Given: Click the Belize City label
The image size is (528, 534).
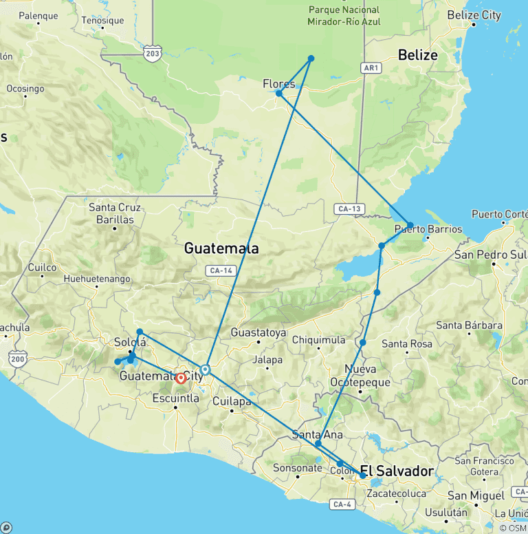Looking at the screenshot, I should [x=474, y=15].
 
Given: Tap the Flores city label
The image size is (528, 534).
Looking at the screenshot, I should [x=279, y=84].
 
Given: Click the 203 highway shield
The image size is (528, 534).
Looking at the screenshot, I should [x=153, y=53].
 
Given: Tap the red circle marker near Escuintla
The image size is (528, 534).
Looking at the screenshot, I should [x=181, y=378].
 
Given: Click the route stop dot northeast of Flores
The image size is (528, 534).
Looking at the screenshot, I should [x=311, y=58].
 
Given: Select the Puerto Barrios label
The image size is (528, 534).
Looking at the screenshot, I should [x=428, y=229].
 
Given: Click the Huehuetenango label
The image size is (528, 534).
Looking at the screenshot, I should [x=96, y=279].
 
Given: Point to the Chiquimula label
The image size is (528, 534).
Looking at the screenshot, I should [x=319, y=339].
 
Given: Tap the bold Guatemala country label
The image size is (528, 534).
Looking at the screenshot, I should [x=221, y=249].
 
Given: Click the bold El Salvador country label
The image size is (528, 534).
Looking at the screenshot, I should [x=397, y=471].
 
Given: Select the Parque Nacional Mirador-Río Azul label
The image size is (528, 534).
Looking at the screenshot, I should [x=344, y=16].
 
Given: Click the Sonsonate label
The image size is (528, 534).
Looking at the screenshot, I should [x=298, y=468].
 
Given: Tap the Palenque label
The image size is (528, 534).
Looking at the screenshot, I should [x=38, y=15].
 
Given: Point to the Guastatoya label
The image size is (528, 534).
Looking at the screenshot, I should [x=258, y=332].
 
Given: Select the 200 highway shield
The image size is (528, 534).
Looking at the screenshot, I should [x=18, y=359].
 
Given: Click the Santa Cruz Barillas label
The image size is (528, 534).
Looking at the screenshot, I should [x=115, y=213].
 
